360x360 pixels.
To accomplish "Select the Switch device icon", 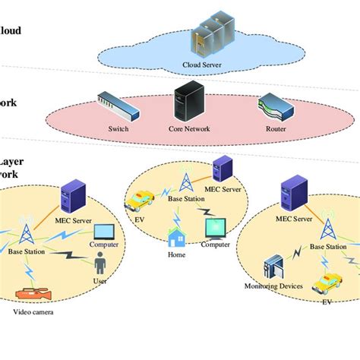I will tap(118, 106).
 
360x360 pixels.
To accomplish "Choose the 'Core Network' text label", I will tap(190, 129).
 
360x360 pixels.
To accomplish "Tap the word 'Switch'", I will tap(119, 129).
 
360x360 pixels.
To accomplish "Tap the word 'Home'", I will tap(177, 255).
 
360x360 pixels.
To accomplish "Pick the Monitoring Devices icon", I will tap(273, 267).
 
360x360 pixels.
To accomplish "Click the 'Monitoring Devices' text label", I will tap(274, 286).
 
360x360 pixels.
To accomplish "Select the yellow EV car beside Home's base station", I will tap(141, 201).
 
